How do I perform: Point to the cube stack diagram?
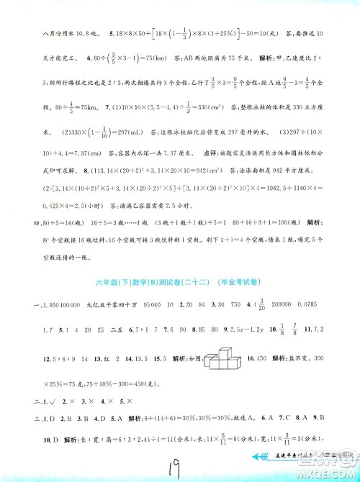(222, 356)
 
